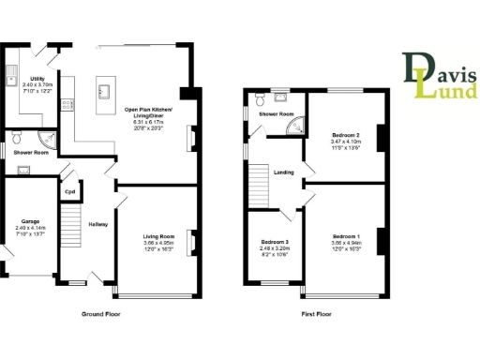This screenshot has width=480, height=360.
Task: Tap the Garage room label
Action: (25, 222)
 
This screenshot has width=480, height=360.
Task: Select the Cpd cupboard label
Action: (69, 193)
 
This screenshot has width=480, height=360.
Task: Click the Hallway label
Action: (97, 225)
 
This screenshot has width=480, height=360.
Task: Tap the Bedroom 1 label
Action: (346, 235)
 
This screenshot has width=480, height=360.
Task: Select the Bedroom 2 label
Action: (346, 136)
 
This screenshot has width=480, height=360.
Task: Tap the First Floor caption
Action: (316, 314)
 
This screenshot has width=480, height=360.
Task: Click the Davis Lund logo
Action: (440, 76)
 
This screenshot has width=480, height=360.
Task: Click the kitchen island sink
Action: (104, 91)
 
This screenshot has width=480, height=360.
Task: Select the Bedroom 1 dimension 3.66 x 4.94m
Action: (346, 241)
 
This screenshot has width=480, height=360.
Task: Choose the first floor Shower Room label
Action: (277, 114)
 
